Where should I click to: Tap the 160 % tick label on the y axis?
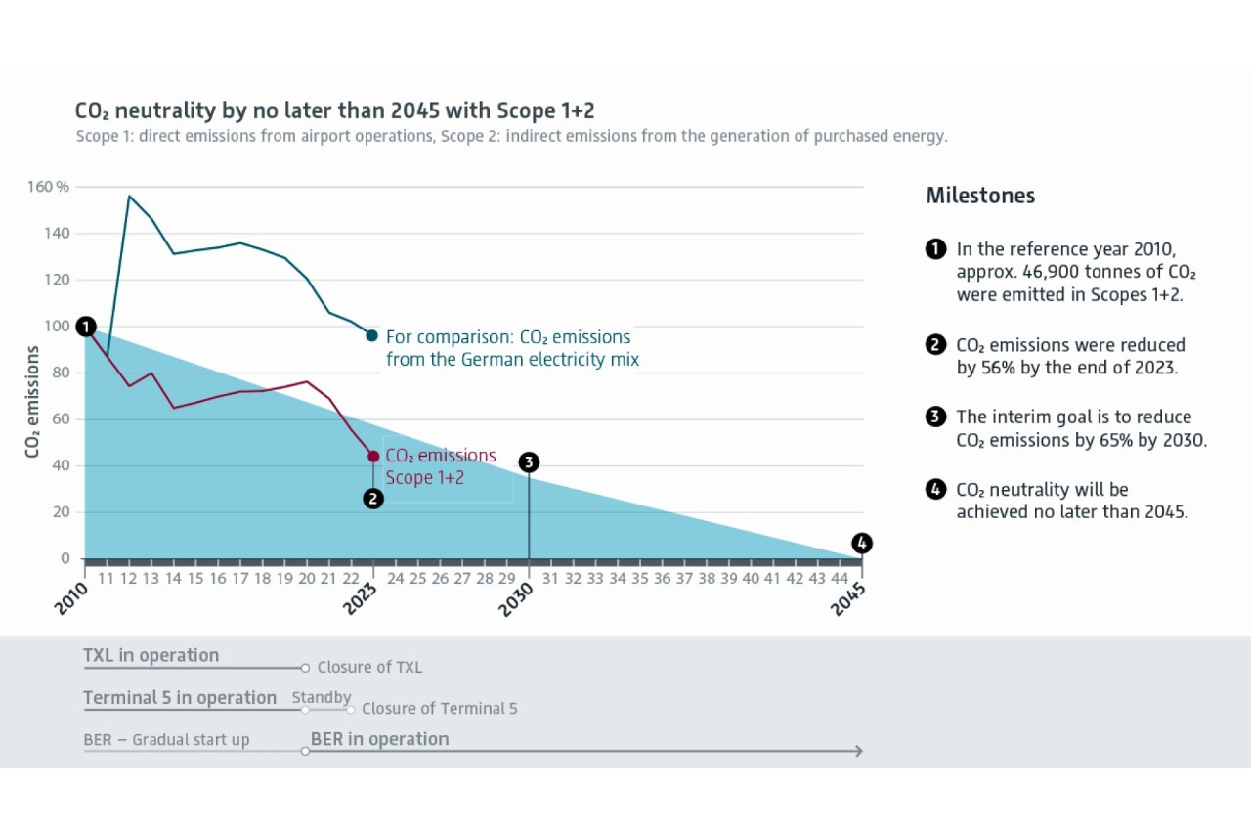pos(48,187)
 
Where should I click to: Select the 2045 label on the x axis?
pos(848,598)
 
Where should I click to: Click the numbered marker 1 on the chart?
pos(85,327)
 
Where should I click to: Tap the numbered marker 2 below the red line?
pos(372,499)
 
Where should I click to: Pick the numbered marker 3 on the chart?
pos(529,462)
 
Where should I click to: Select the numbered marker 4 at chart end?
pos(861,543)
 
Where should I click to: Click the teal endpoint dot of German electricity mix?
pos(371,335)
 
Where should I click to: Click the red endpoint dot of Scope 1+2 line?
pos(373,457)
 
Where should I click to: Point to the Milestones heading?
pos(980,196)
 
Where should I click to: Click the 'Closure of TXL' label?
pos(369,668)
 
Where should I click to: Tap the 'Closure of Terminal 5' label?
pos(439,709)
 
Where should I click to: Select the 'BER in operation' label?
pos(379,739)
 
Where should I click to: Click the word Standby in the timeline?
pos(321,697)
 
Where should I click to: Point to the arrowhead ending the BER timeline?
pos(858,751)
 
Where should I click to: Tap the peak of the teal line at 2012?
pos(129,196)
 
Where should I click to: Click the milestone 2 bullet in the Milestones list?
pos(935,344)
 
